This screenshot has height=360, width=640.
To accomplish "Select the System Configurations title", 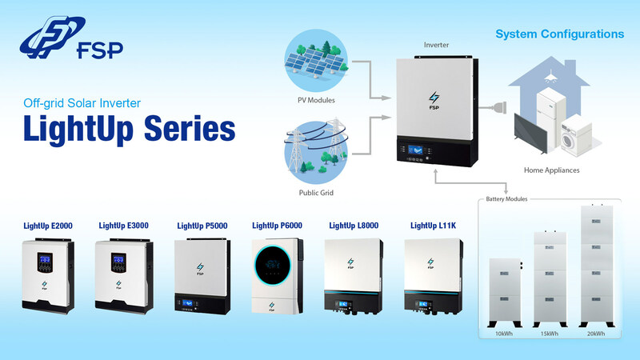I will (x=559, y=35).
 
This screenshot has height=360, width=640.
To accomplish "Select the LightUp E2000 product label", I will (x=48, y=226).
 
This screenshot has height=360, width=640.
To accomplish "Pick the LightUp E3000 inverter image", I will (x=123, y=276).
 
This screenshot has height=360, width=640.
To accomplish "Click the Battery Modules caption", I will (x=506, y=198).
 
